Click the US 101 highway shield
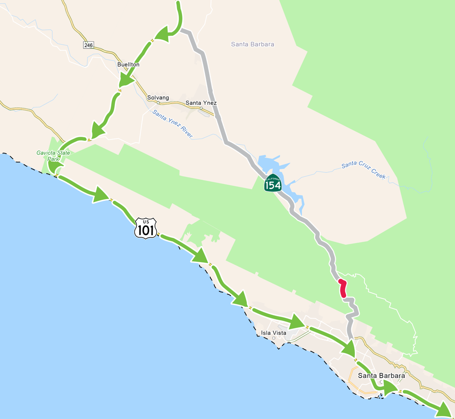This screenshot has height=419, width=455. click(146, 227)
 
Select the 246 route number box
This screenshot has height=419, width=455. click(89, 45)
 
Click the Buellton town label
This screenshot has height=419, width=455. click(128, 64)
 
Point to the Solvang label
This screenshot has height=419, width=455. click(158, 98)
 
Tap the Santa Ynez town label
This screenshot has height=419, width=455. click(201, 103)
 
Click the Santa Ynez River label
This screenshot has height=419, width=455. click(173, 124)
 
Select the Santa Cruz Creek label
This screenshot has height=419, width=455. click(364, 171)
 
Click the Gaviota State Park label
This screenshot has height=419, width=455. click(53, 156)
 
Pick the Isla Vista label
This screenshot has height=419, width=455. click(273, 333)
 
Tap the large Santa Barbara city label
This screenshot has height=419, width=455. click(381, 376)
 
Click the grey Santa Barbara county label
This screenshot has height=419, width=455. click(252, 44)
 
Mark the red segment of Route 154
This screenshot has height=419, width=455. click(342, 289)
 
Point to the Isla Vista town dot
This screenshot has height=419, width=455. click(273, 338)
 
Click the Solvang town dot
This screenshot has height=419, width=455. click(158, 102)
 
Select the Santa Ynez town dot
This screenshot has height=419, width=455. click(201, 108)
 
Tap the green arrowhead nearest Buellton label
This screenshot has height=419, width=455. click(126, 80)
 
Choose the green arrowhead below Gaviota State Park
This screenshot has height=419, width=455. click(100, 195)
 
